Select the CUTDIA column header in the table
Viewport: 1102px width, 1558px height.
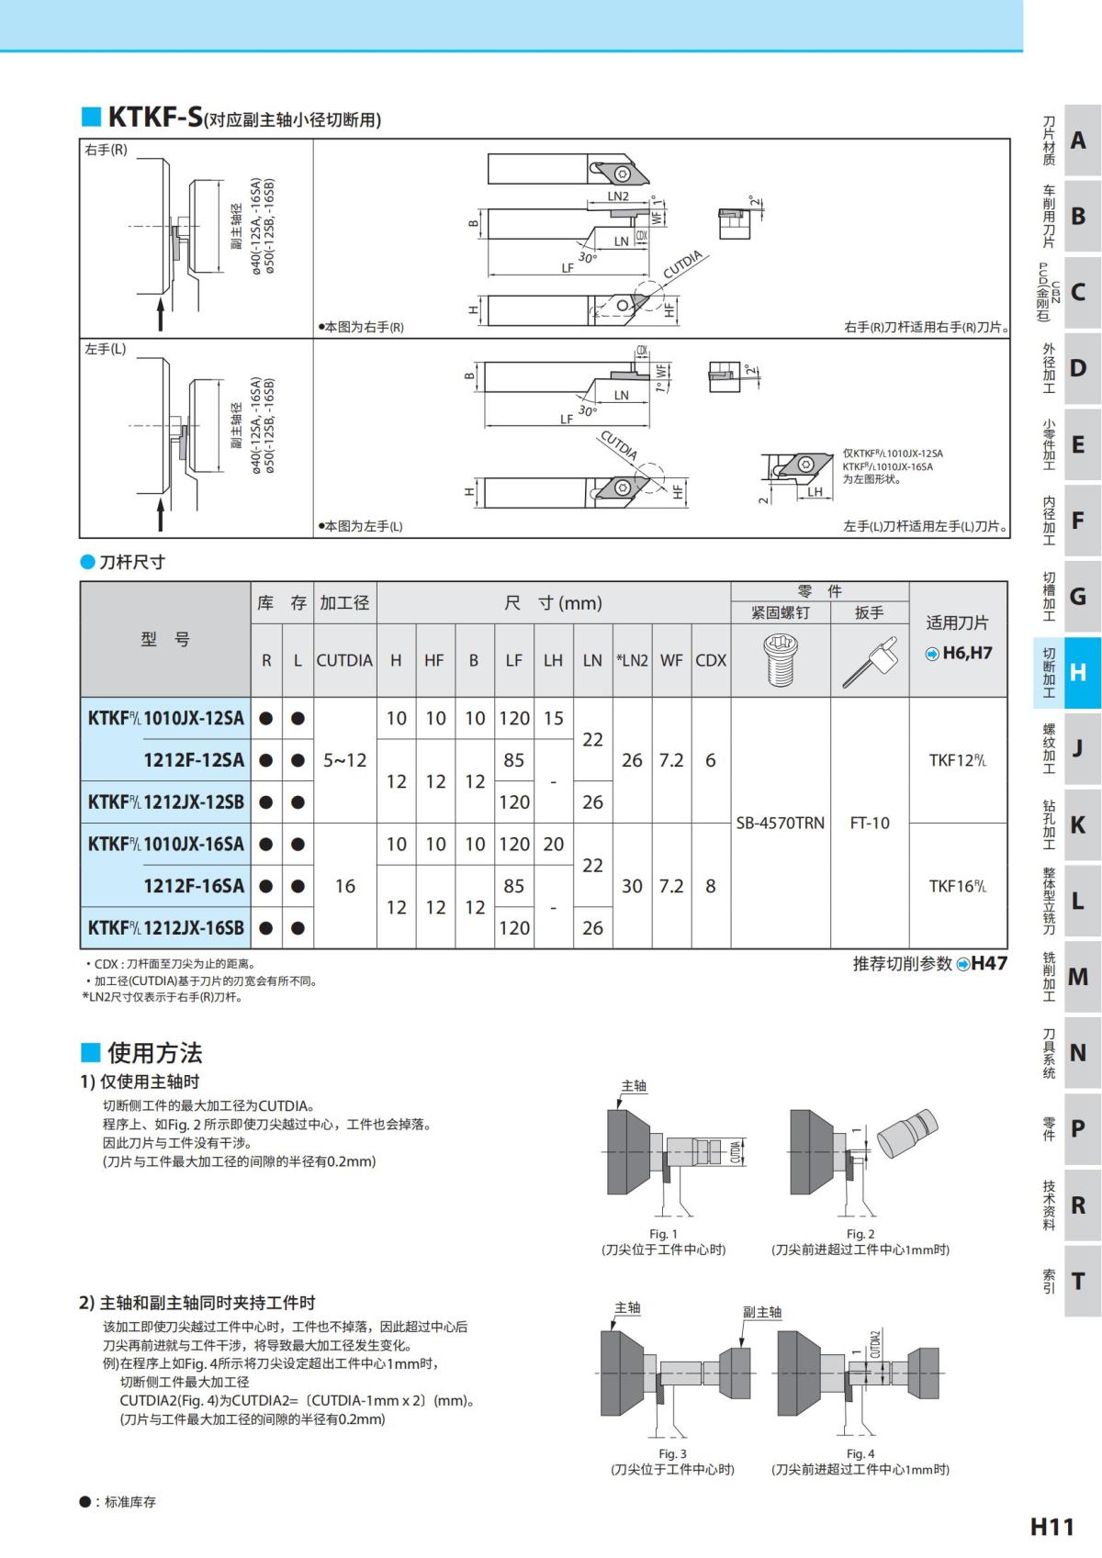344,660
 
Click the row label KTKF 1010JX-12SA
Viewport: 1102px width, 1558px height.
166,718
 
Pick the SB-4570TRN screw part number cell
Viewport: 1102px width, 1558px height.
780,823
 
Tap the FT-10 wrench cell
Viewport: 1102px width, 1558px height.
869,823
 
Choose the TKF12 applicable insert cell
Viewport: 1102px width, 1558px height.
957,760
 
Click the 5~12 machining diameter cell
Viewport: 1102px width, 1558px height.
344,760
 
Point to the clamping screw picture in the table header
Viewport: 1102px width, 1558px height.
780,659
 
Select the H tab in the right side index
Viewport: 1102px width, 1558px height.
1077,672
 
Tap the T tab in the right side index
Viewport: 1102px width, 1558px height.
1077,1281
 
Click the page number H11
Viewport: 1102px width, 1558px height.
1051,1526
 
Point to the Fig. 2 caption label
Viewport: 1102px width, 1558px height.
860,1234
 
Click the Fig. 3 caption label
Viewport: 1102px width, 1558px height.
672,1453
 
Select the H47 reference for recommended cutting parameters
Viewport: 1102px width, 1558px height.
988,963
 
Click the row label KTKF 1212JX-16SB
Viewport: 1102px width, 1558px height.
166,928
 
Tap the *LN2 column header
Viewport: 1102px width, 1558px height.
632,660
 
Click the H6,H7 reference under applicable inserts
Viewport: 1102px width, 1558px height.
966,653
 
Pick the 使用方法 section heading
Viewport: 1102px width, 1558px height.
154,1052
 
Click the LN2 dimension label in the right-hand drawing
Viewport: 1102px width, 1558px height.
618,196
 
